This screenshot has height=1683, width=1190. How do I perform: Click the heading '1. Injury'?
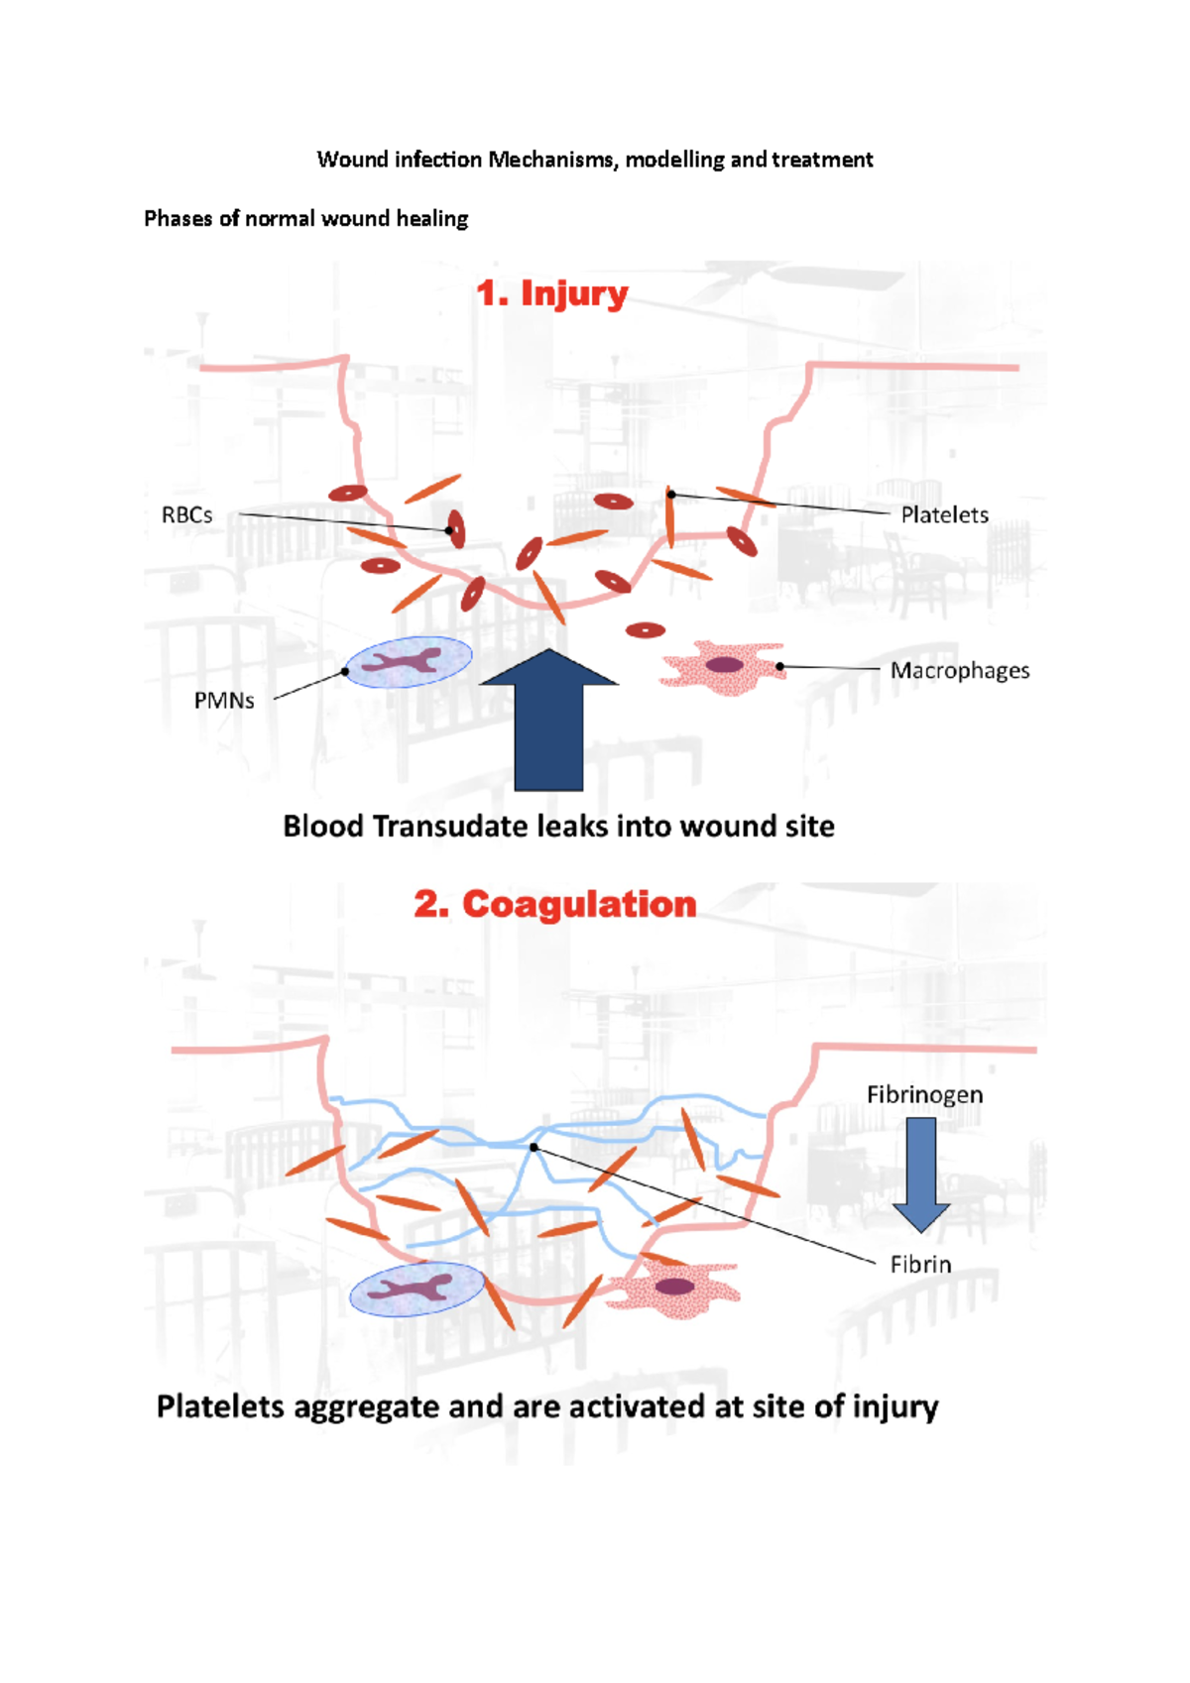click(x=551, y=293)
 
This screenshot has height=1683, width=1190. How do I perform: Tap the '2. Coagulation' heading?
click(x=554, y=904)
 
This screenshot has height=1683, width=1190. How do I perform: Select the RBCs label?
click(x=186, y=515)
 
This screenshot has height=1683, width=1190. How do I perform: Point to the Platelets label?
click(x=944, y=515)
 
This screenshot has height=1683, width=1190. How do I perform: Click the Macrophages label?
click(x=959, y=671)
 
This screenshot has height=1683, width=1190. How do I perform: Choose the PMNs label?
click(x=224, y=701)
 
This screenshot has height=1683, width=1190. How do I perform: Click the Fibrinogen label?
click(x=924, y=1095)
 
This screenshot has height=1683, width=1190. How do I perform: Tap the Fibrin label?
click(x=920, y=1265)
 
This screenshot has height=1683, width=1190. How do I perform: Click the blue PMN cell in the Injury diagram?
click(x=408, y=662)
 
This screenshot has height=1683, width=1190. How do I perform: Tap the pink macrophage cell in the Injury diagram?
click(x=722, y=667)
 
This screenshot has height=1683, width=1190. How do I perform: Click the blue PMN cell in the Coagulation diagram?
click(x=417, y=1290)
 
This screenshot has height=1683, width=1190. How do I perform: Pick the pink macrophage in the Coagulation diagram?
click(x=673, y=1289)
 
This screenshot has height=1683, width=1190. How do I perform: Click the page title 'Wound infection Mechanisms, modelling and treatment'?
click(x=594, y=160)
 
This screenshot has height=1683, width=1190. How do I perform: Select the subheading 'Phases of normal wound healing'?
click(x=305, y=218)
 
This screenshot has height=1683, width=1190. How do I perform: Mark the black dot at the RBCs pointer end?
click(x=449, y=531)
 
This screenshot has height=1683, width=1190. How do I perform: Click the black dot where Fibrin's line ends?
click(x=534, y=1147)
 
